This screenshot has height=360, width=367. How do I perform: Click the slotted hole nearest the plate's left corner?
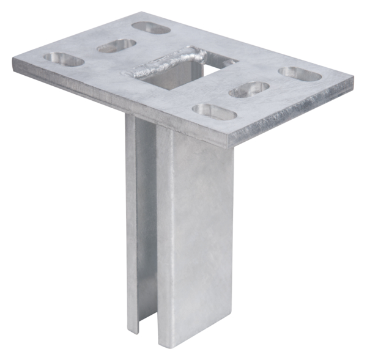(x=63, y=60)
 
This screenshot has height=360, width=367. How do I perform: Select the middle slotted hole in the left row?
(x=116, y=45)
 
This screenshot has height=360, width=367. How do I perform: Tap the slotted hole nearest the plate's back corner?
(x=150, y=28)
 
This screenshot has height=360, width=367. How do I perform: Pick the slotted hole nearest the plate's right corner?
(x=300, y=72)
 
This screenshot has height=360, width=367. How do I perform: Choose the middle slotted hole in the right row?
(x=250, y=89)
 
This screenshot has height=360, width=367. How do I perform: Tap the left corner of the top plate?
(x=13, y=60)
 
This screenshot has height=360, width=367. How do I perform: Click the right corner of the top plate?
(x=353, y=78)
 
